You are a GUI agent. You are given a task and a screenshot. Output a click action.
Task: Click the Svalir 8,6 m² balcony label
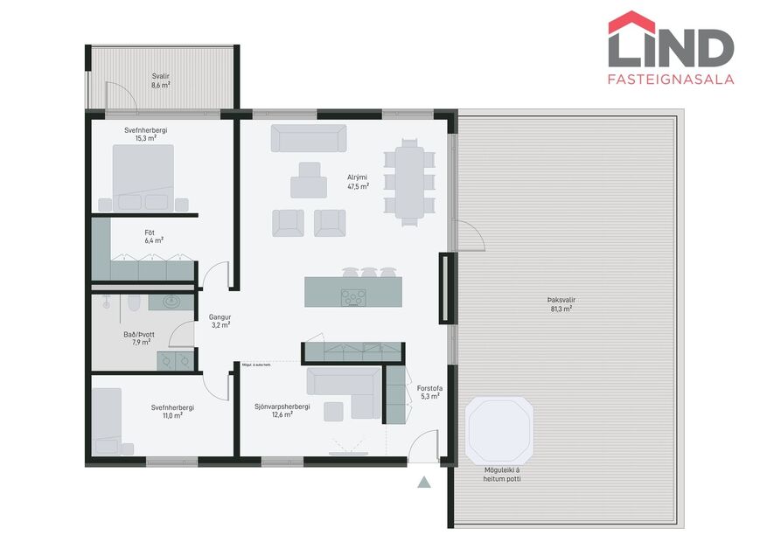coord(160,80)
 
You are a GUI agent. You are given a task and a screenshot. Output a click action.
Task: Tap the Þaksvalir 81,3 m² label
coord(561,303)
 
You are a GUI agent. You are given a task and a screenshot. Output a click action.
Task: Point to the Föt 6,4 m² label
coord(154,235)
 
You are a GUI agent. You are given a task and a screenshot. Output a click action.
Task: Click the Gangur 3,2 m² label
coord(220,320)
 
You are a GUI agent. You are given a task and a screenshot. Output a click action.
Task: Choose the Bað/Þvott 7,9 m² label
coord(142,337)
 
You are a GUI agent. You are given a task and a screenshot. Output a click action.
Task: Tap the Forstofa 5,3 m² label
coord(428,391)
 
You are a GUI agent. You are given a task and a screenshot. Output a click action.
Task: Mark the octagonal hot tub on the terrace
coord(500,431)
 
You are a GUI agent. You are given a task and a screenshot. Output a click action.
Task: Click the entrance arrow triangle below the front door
coord(424,481)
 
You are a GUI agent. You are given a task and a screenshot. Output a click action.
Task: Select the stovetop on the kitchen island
coord(353,296)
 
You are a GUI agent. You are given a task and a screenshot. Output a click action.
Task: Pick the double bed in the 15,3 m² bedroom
coord(143,176)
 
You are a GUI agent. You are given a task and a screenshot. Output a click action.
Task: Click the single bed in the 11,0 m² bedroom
coord(108,419)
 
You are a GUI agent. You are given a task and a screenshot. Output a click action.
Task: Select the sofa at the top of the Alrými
coord(308,138)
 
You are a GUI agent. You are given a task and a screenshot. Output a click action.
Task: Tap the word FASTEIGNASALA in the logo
coord(670,79)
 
